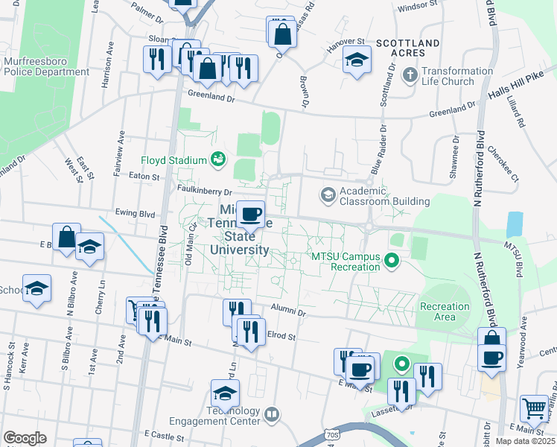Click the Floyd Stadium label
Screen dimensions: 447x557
(174, 160)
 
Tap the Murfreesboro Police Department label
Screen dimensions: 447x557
(46, 66)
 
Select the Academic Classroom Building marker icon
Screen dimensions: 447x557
(327, 195)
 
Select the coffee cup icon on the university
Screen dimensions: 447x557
(252, 215)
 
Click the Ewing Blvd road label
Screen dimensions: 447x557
(135, 213)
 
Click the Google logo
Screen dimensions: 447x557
(25, 438)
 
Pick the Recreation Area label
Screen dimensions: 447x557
(445, 311)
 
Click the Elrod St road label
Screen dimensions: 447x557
(281, 337)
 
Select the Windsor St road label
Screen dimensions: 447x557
(416, 6)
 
